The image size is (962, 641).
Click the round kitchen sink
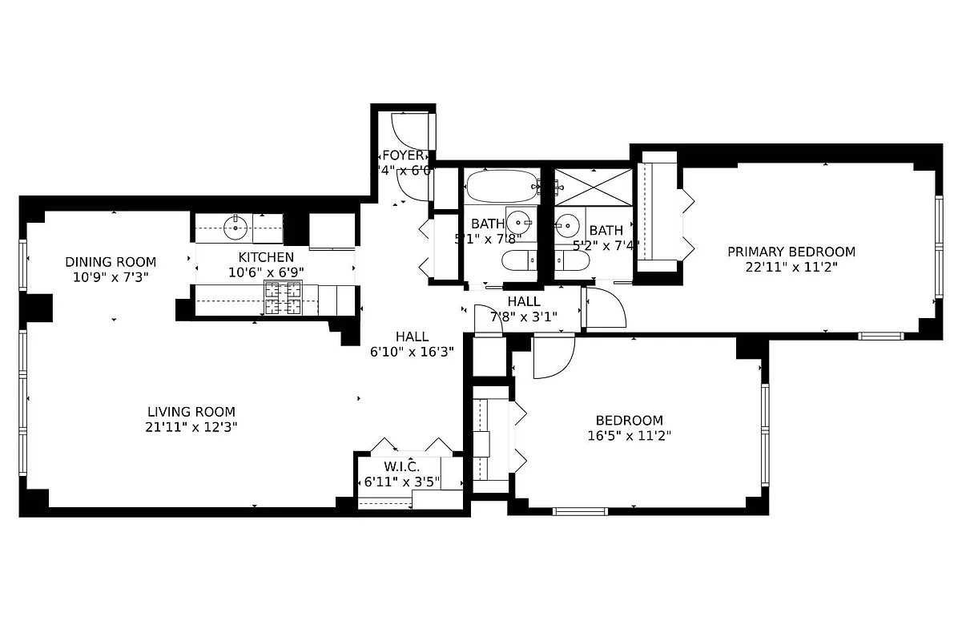point(235,228)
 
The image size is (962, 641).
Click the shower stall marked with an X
point(594,187)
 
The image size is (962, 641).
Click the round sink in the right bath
point(568,224)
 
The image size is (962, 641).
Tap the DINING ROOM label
point(111,262)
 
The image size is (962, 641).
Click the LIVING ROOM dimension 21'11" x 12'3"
point(191,427)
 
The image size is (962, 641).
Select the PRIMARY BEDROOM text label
point(791,252)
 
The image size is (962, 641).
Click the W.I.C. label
point(401,466)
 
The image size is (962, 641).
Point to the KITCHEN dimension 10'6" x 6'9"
point(266,272)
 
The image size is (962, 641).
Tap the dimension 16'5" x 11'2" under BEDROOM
point(629,436)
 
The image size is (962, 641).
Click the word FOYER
point(403,155)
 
